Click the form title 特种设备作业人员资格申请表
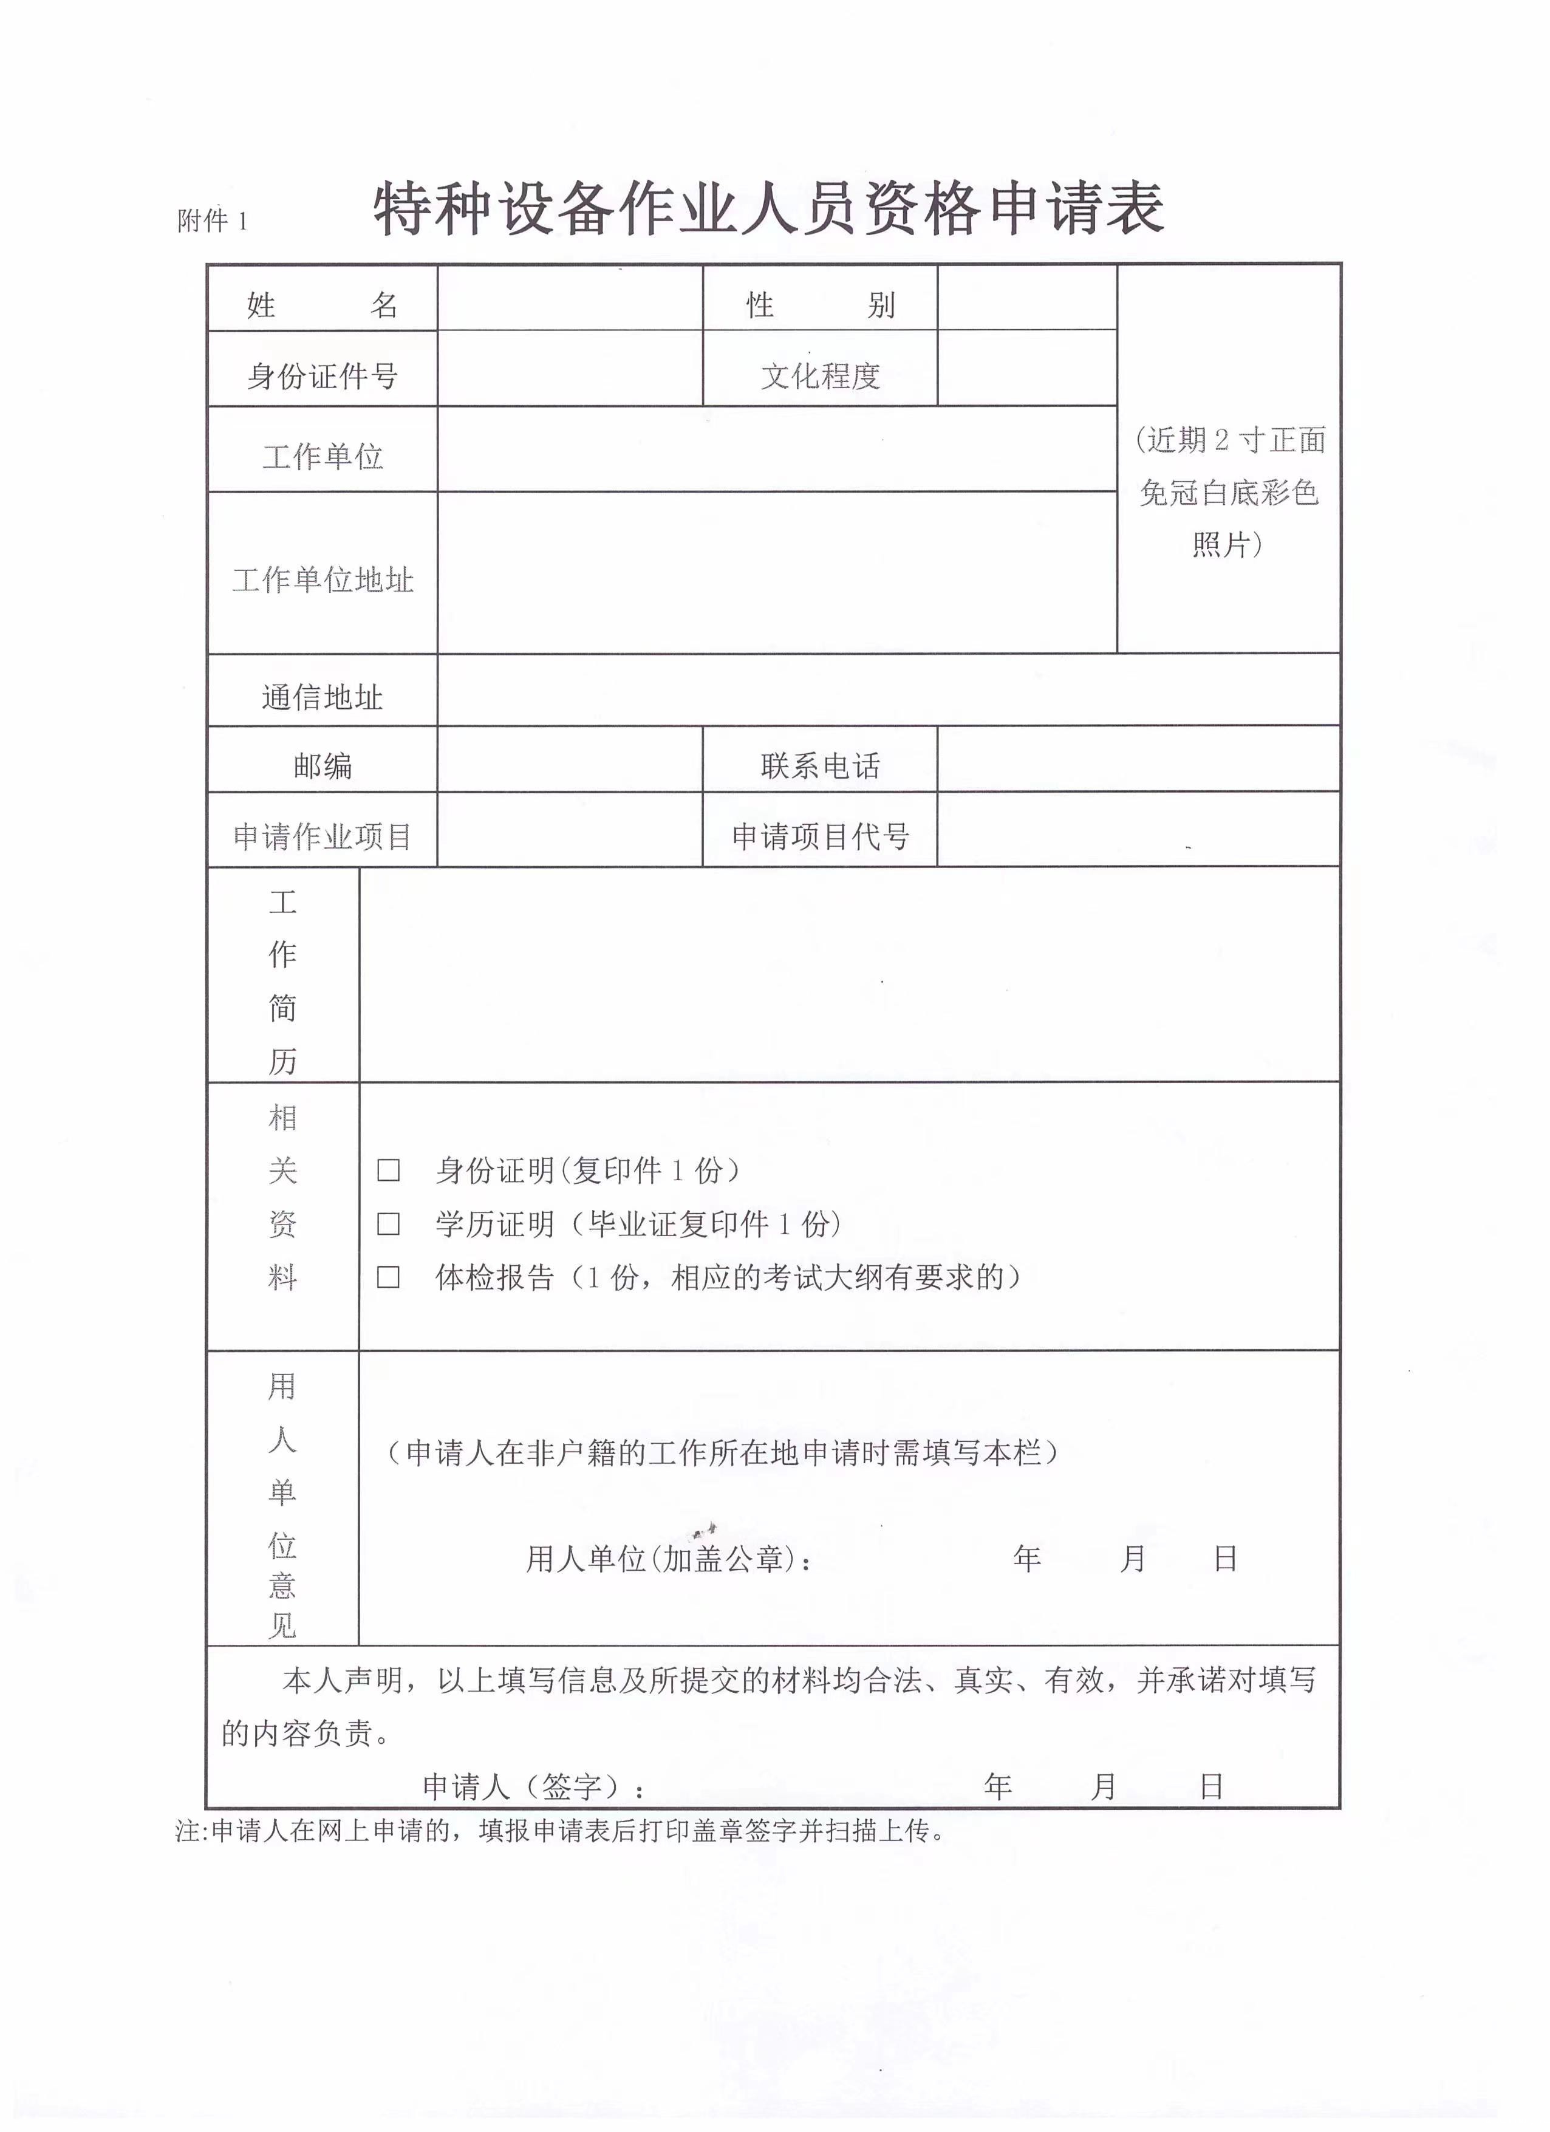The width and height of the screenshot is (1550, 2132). click(769, 209)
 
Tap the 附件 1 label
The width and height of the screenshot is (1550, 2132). click(213, 221)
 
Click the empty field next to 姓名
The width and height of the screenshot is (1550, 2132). click(570, 299)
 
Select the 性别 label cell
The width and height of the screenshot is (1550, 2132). click(820, 304)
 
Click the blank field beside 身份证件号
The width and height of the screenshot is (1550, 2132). click(570, 369)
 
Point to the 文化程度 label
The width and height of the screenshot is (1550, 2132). click(820, 376)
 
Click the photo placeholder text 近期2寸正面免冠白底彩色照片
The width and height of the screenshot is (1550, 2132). click(1229, 491)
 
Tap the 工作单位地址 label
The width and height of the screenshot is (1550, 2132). click(323, 579)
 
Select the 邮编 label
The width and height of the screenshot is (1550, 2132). click(323, 766)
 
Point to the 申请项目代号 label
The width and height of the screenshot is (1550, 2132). click(820, 836)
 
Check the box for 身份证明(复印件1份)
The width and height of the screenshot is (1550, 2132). click(388, 1170)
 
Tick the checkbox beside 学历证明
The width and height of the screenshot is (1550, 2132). click(388, 1224)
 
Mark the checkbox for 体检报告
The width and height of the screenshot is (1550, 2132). click(388, 1277)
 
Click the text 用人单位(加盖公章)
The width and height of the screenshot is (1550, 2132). click(668, 1560)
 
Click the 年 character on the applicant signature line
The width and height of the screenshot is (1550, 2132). click(997, 1786)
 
